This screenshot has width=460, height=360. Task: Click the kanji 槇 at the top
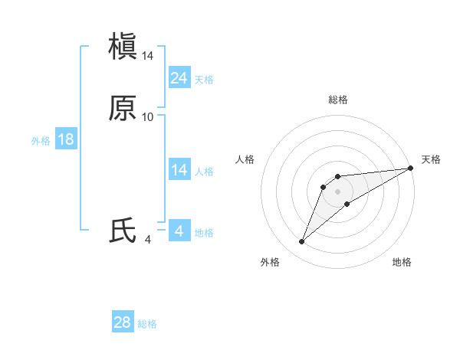123,47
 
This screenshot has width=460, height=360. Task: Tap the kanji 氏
123,231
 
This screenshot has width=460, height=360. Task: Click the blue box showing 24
179,77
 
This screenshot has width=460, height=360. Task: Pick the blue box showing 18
65,139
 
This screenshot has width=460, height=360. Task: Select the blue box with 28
123,322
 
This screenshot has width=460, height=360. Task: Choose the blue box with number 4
179,231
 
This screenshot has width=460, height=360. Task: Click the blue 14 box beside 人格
179,170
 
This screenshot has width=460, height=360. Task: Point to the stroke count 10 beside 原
148,116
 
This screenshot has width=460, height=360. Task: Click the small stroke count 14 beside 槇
148,56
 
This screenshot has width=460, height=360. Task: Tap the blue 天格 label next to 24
204,80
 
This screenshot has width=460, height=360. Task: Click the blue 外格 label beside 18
41,141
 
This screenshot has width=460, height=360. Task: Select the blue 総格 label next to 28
147,324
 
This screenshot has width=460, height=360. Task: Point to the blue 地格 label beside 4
204,233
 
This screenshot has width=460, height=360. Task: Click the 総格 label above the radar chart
337,100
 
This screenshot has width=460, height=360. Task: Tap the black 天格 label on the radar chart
431,159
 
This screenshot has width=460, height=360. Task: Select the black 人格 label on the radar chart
245,159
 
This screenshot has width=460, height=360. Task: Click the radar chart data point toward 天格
411,168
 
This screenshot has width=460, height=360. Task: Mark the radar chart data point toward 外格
301,242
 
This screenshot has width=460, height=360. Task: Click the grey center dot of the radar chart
337,191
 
